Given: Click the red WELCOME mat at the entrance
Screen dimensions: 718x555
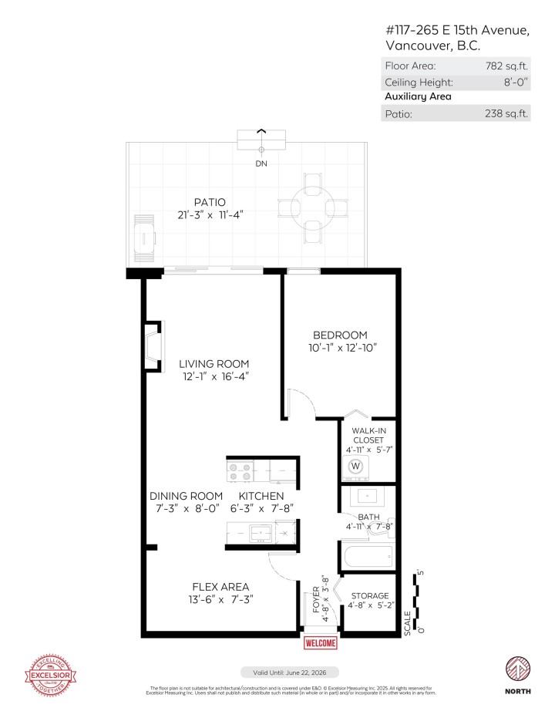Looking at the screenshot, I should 321,643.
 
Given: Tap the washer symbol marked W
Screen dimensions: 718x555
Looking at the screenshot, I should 355,466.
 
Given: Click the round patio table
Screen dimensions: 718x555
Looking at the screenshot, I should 312,207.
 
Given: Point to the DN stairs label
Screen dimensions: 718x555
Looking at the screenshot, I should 261,163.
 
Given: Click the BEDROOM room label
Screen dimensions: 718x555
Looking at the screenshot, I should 339,335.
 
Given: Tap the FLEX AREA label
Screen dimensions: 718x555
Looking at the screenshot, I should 199,587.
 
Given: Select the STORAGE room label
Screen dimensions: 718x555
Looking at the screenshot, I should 370,595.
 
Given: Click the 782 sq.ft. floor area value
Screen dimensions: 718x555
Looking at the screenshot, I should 509,66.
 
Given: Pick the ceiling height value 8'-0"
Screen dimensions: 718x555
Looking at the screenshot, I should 513,82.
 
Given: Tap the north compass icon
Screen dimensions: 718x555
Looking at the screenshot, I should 517,669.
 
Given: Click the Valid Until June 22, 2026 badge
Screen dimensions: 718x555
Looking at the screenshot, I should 289,672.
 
